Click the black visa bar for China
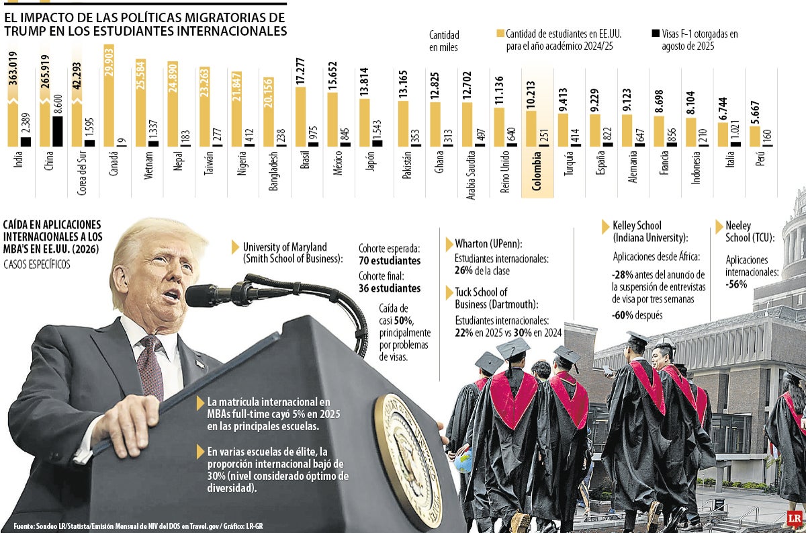57,131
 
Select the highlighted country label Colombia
537,175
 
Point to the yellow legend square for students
500,33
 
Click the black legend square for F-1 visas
656,33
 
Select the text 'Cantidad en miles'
444,40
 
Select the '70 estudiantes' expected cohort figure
390,261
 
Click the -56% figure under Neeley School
736,284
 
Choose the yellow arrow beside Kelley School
606,227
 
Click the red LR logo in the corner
795,518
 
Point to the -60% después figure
637,315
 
